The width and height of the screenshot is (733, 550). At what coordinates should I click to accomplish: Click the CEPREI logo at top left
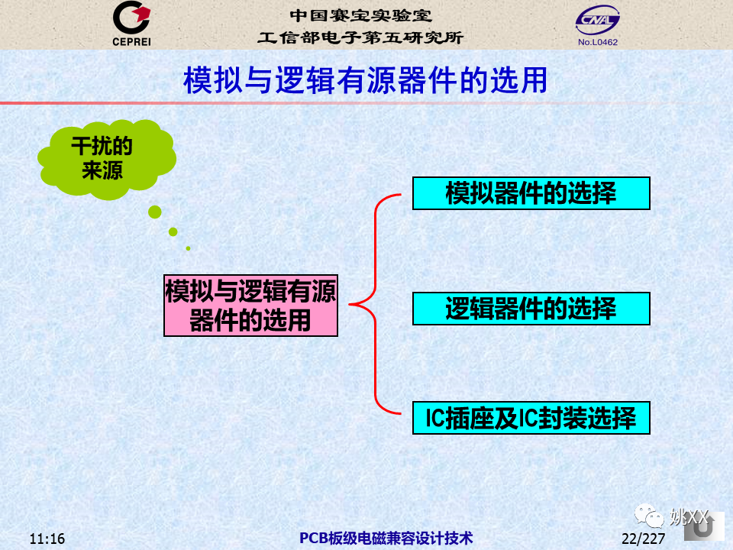[x=131, y=24]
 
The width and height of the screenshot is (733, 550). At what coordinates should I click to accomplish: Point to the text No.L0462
[x=597, y=42]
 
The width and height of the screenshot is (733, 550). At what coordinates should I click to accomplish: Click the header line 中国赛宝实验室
[x=360, y=15]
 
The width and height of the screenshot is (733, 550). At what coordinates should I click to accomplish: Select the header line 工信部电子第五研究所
[x=360, y=37]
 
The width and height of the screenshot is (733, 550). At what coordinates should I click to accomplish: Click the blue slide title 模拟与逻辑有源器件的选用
[x=365, y=80]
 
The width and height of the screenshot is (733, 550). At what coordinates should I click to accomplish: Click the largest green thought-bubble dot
[x=155, y=212]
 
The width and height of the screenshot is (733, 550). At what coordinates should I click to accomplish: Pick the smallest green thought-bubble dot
[x=188, y=248]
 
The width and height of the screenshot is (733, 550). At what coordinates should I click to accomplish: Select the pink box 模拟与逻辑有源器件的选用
[x=250, y=306]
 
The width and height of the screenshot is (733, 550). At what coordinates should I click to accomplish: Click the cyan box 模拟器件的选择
[x=531, y=193]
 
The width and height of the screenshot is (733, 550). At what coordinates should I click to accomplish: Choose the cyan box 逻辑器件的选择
[x=531, y=309]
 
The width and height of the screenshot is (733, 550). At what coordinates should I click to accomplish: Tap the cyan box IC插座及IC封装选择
[x=531, y=418]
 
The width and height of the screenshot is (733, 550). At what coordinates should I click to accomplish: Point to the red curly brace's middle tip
[x=350, y=305]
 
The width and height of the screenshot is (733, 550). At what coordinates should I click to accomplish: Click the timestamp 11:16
[x=47, y=539]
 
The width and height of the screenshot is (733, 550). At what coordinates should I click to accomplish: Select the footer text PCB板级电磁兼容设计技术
[x=386, y=539]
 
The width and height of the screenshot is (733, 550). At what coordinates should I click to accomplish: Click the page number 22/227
[x=643, y=539]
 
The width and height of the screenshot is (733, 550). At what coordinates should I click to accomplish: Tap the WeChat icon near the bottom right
[x=649, y=516]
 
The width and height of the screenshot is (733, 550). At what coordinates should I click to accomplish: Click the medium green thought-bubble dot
[x=173, y=231]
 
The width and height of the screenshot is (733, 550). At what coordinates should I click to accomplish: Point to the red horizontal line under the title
[x=350, y=103]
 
